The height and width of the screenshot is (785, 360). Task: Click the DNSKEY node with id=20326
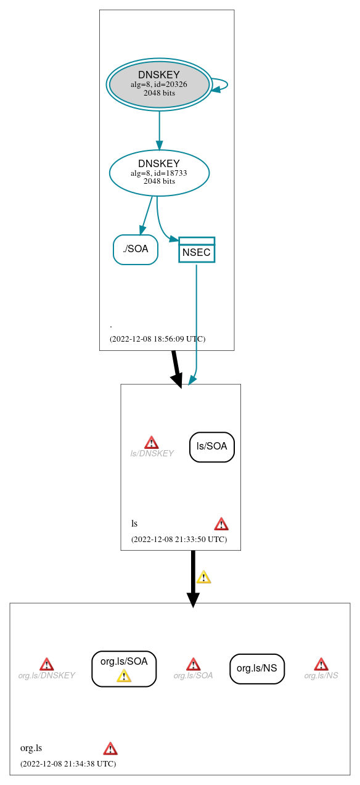click(159, 84)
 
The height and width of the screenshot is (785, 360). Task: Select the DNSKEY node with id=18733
click(159, 173)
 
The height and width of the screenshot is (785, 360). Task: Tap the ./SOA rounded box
click(136, 249)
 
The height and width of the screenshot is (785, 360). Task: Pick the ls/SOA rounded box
click(212, 446)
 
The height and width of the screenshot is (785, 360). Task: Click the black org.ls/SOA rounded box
click(124, 662)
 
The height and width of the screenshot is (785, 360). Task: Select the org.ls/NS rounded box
click(257, 668)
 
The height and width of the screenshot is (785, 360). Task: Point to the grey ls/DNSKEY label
click(152, 453)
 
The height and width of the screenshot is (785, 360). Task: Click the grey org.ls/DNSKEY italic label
click(46, 675)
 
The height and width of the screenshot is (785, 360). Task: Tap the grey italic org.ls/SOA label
click(193, 675)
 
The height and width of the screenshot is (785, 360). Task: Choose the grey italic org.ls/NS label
click(321, 675)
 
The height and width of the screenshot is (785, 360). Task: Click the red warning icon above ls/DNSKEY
click(152, 442)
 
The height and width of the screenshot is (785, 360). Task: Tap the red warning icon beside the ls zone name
click(221, 524)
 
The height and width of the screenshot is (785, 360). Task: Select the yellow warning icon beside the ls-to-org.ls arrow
click(203, 577)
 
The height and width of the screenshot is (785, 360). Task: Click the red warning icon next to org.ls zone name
click(110, 749)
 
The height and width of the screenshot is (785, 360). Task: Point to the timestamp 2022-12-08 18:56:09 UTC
click(157, 339)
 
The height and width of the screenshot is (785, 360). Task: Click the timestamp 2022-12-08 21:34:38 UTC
click(68, 763)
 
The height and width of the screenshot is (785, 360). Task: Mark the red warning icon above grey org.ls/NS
click(321, 664)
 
